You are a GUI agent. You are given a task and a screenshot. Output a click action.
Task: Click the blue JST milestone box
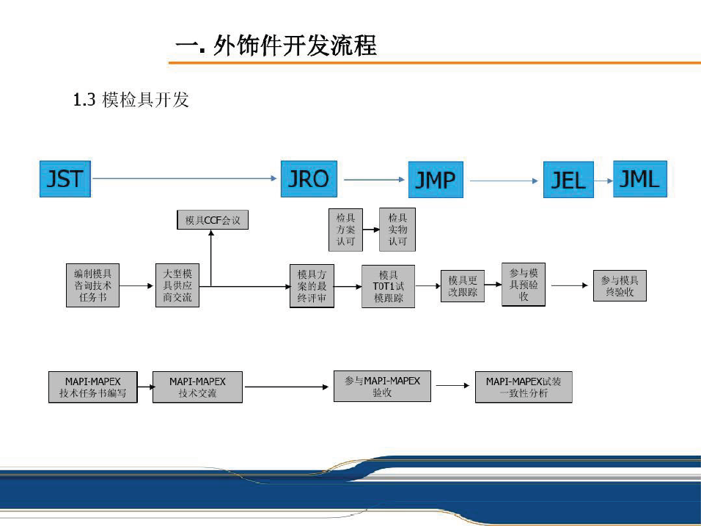tap(65, 179)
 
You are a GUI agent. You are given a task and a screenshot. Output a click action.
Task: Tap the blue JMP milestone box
tap(436, 180)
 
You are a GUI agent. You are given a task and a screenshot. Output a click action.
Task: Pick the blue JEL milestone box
tap(568, 180)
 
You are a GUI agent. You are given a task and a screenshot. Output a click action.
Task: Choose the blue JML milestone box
tap(640, 179)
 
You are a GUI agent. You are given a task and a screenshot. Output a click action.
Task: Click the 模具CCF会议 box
tap(213, 219)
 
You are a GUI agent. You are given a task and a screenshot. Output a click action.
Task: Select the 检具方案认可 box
tap(345, 230)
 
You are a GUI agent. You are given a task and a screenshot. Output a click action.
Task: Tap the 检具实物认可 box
tap(397, 230)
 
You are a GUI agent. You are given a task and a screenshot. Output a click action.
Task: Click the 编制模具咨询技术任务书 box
tap(92, 285)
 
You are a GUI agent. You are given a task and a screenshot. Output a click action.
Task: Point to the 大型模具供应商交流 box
tap(177, 285)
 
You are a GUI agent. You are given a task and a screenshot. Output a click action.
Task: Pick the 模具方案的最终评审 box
tap(312, 286)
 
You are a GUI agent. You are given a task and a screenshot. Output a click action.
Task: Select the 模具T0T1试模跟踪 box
tap(388, 286)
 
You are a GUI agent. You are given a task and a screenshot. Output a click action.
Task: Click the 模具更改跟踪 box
tap(463, 286)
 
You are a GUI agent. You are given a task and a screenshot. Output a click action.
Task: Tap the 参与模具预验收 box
tap(524, 285)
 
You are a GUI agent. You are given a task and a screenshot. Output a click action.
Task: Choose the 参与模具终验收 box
tap(620, 285)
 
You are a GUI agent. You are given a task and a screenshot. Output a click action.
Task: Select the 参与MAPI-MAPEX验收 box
tap(382, 386)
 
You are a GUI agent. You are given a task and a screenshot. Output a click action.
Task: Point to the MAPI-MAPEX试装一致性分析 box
tap(524, 387)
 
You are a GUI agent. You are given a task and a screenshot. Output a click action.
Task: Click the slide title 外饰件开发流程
tap(276, 46)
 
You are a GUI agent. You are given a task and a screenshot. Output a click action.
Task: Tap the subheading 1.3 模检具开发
tap(131, 100)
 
